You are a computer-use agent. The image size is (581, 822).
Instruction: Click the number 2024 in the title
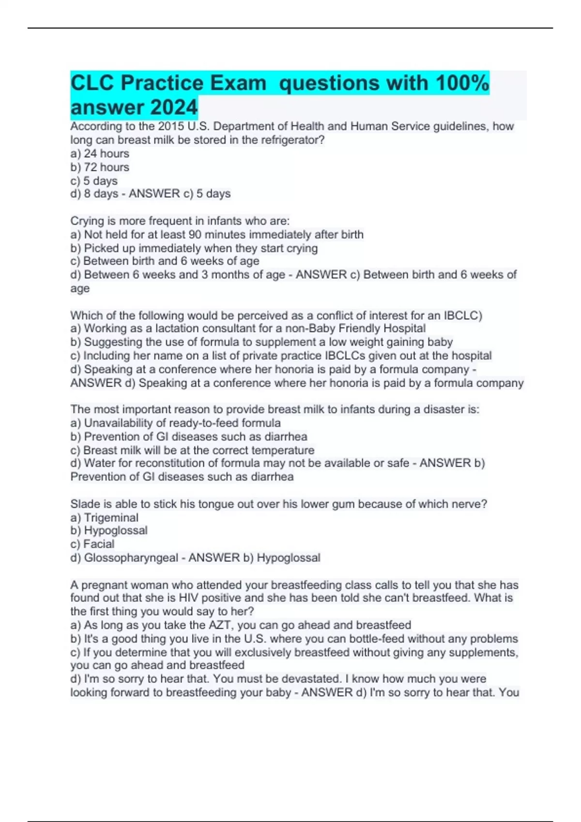click(169, 107)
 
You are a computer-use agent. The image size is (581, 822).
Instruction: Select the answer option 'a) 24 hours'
click(100, 154)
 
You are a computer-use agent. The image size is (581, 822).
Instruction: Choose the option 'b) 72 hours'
click(100, 167)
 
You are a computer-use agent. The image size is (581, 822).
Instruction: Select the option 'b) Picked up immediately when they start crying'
click(194, 249)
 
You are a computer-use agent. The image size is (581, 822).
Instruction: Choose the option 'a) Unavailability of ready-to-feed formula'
click(175, 423)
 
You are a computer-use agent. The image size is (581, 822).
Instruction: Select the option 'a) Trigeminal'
click(104, 518)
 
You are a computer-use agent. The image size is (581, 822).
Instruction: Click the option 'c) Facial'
click(92, 544)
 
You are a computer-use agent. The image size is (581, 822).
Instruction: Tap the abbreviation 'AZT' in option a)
click(220, 625)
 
